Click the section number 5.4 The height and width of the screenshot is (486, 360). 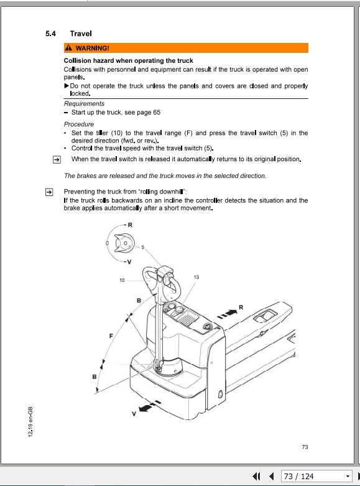(52, 34)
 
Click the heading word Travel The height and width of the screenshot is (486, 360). (81, 34)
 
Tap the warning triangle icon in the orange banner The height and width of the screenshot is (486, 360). (68, 48)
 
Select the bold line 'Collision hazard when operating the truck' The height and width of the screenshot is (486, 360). (128, 61)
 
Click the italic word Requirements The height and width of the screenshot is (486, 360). (84, 104)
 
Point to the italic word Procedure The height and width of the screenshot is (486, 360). (79, 124)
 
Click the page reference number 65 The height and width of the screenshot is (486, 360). (157, 113)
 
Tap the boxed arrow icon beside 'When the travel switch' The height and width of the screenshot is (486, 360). (55, 159)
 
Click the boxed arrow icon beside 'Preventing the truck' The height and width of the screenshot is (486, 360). (48, 192)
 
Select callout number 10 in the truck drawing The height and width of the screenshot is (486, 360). (122, 280)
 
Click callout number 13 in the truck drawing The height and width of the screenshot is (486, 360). (196, 276)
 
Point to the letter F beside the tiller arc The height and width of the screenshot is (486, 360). (111, 336)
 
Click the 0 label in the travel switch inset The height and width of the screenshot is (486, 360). (108, 241)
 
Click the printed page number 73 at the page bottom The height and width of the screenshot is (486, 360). (305, 447)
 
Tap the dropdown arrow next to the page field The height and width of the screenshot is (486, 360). (348, 477)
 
